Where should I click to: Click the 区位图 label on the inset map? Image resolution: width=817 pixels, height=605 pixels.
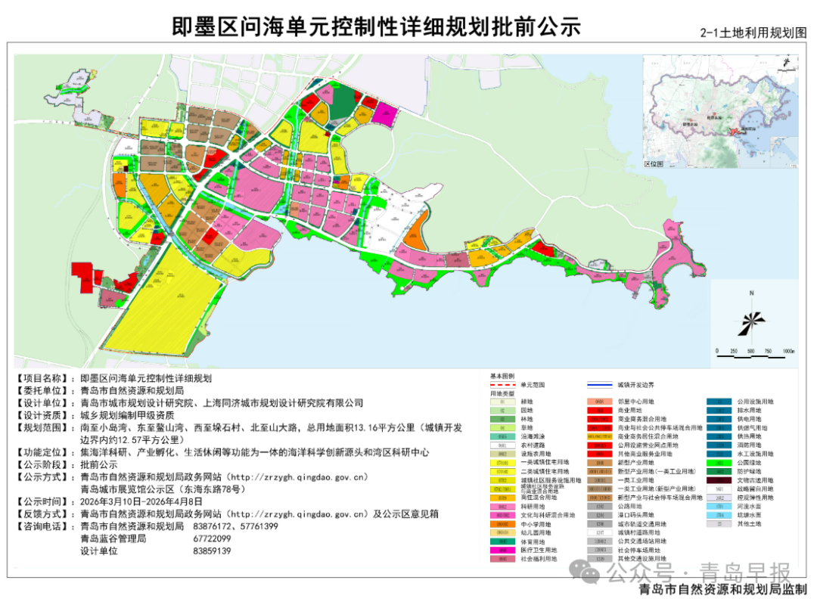652,163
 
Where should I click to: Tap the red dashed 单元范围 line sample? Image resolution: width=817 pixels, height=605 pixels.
503,384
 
